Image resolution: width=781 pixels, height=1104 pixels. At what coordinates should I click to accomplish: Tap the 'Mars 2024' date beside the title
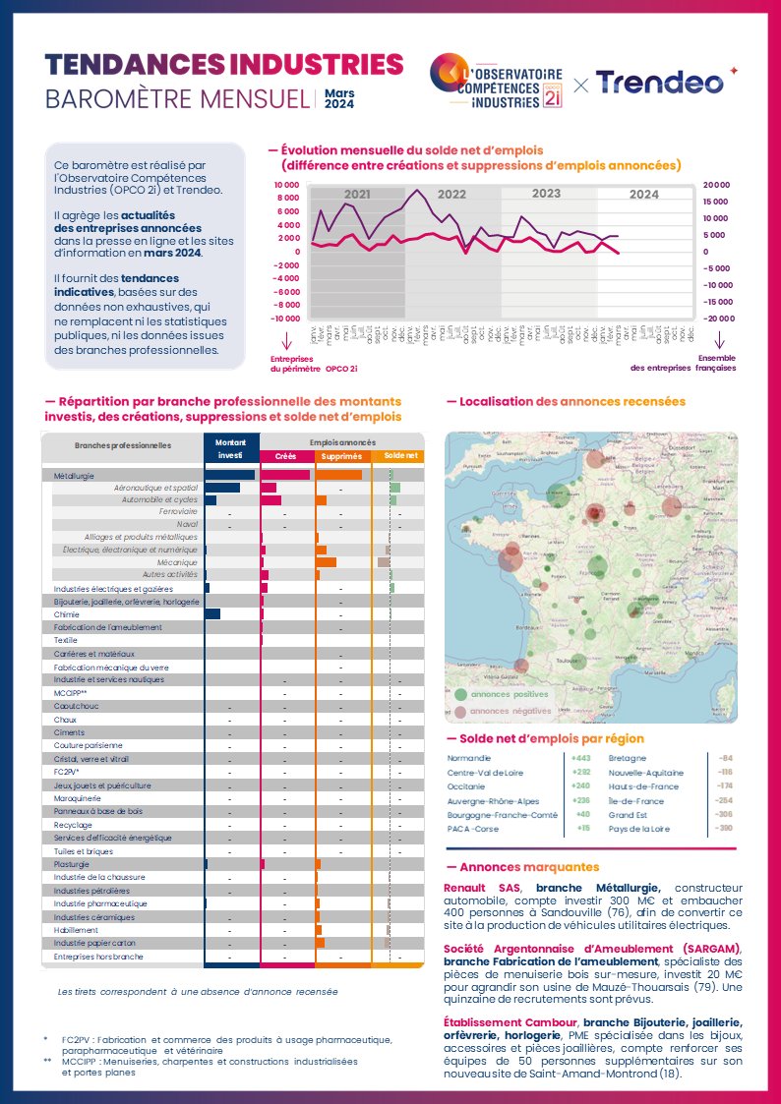coord(339,98)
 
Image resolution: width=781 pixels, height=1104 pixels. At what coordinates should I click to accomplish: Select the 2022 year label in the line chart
coord(451,195)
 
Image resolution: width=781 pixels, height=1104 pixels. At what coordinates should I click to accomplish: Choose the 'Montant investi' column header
coord(229,449)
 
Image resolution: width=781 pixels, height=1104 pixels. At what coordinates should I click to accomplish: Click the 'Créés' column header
coord(285,456)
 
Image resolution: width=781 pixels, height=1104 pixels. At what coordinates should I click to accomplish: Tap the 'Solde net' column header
coord(400,456)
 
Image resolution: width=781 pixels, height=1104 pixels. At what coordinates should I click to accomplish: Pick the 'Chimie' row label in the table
coord(67,614)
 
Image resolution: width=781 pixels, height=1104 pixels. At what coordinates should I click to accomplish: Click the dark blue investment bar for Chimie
coord(212,614)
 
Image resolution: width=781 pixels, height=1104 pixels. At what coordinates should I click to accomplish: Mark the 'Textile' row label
coord(66,640)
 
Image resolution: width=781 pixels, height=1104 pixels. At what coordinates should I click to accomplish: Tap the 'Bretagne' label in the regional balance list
coord(628,759)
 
